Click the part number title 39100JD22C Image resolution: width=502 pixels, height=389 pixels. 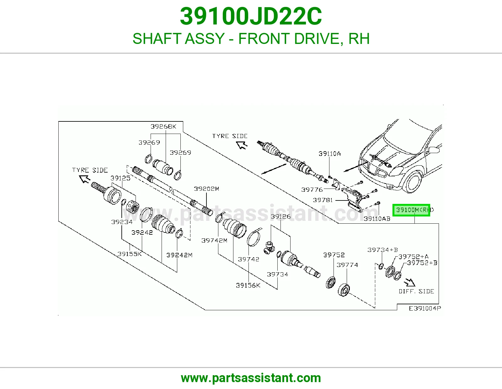(251, 16)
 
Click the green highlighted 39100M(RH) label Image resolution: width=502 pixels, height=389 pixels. (411, 210)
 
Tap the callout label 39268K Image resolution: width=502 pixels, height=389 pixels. (163, 126)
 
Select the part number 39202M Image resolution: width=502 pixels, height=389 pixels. (206, 189)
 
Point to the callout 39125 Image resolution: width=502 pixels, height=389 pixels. (120, 178)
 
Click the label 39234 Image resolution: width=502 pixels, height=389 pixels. (122, 222)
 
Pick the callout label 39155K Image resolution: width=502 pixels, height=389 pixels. (130, 254)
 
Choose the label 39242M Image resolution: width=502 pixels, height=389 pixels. (179, 255)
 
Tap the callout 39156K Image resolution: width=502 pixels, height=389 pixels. (248, 285)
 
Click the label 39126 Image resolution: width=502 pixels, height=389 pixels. (281, 216)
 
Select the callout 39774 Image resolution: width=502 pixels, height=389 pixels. (347, 265)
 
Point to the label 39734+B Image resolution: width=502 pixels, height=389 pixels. (382, 250)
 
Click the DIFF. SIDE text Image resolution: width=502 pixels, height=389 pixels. (416, 291)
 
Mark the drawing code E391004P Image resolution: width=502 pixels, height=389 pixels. (425, 308)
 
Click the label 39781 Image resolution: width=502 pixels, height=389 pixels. (323, 200)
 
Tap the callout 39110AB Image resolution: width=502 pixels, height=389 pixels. (377, 219)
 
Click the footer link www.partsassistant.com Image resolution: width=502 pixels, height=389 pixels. (251, 378)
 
